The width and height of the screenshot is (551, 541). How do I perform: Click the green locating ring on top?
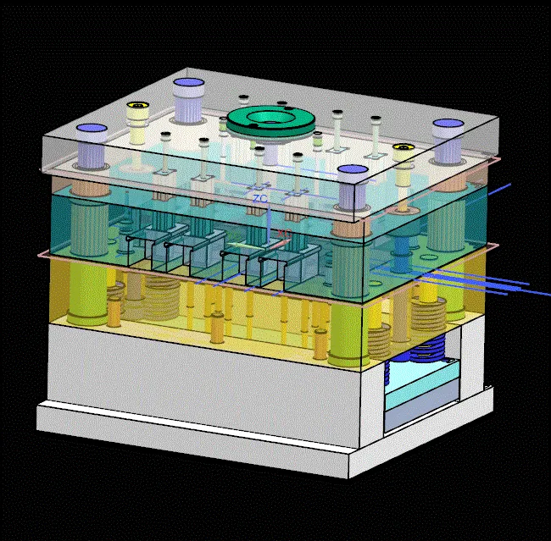[x=270, y=120]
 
